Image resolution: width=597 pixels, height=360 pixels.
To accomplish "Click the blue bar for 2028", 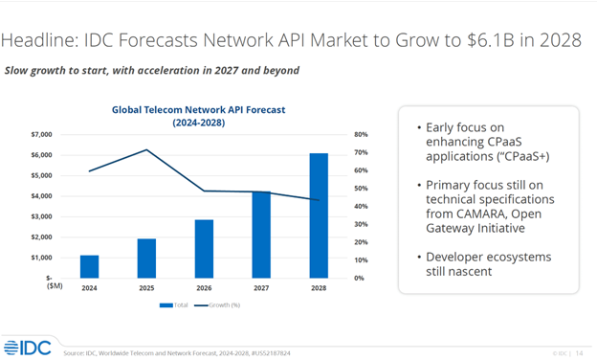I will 318,215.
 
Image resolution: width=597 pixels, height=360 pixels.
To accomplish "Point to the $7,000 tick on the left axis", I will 42,135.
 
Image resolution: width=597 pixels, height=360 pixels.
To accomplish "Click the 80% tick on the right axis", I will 360,135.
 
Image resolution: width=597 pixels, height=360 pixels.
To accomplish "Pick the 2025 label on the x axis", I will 146,286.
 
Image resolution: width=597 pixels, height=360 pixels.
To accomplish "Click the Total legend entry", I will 174,305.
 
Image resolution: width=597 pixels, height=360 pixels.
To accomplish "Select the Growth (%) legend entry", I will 224,305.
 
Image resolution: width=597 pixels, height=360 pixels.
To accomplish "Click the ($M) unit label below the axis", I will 42,286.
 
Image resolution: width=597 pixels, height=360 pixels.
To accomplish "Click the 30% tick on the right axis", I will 360,224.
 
